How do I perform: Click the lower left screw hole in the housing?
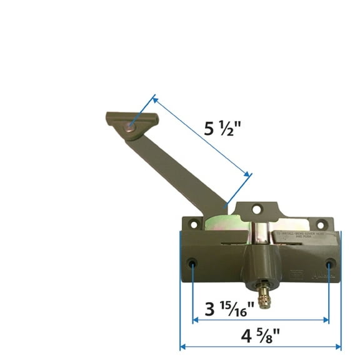pyautogui.click(x=192, y=263)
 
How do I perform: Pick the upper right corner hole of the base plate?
pyautogui.click(x=321, y=224)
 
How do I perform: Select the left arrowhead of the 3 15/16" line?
pyautogui.click(x=195, y=320)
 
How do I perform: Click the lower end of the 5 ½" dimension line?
pyautogui.click(x=249, y=176)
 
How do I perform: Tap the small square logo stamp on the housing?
pyautogui.click(x=297, y=272)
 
